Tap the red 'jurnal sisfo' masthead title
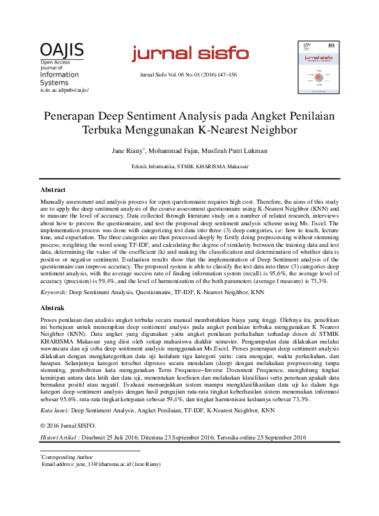[x=189, y=54]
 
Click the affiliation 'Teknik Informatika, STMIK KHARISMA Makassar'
[x=189, y=167]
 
